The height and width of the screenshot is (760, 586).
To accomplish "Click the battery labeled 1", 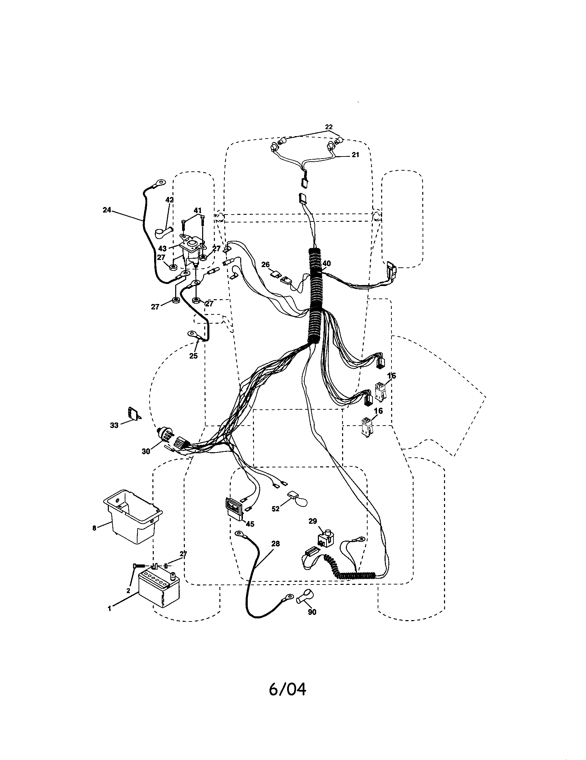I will click(x=159, y=589).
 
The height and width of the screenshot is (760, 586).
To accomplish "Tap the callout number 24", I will click(x=107, y=210).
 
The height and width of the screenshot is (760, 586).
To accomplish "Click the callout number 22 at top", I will click(x=329, y=127).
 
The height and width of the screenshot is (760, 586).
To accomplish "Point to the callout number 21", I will click(x=355, y=155).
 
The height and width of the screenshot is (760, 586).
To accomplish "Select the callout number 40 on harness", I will click(x=327, y=264).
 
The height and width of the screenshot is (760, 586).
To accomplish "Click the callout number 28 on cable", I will click(x=275, y=543).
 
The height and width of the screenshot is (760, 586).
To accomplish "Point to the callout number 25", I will click(x=193, y=355).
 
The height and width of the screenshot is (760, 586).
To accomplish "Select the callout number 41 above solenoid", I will click(x=197, y=210).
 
